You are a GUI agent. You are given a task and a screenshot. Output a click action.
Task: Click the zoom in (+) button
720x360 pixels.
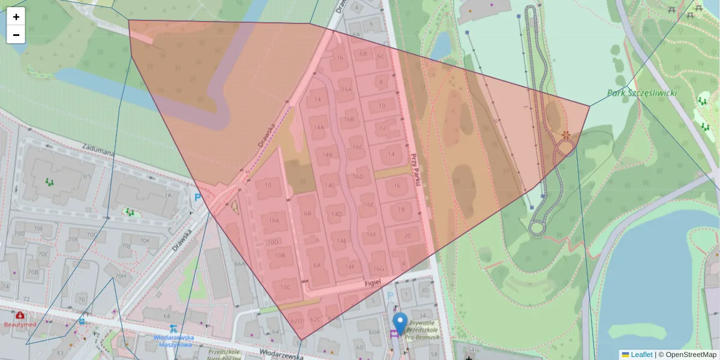[16, 17]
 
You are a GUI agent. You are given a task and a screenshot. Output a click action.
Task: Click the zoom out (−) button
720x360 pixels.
[16, 35]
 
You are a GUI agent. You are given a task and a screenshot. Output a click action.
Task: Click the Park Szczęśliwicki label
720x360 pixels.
[642, 93]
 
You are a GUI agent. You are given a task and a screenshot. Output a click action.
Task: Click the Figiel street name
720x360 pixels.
[373, 282]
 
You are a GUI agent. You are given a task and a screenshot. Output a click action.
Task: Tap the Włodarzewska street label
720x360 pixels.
[280, 355]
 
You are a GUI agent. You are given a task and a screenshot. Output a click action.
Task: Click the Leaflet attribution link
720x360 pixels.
[641, 355]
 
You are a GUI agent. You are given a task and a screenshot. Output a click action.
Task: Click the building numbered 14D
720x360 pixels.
[337, 214]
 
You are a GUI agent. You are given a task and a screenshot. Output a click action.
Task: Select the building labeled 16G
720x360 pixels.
[378, 269]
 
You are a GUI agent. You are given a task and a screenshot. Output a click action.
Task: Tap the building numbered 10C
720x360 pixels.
[285, 287]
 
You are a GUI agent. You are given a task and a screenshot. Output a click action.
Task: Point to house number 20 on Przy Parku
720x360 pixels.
[407, 236]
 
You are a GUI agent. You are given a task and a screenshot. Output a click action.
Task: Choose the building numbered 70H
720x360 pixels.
[121, 276]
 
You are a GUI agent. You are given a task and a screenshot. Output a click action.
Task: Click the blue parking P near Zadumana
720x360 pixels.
[197, 197]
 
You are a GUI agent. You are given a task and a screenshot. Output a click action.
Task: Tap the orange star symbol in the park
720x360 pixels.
[565, 136]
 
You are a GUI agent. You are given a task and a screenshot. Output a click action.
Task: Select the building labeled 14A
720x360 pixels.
[319, 127]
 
